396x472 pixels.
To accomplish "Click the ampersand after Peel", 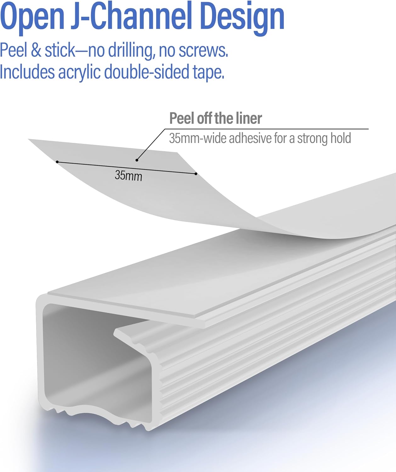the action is tap(36, 50).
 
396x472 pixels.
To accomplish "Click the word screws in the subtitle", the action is tap(203, 51).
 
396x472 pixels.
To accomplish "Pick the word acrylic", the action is tap(79, 73).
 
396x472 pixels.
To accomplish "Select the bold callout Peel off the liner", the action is tap(216, 118).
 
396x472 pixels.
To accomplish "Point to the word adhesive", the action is tap(250, 138).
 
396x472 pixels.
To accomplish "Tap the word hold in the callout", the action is tap(341, 138).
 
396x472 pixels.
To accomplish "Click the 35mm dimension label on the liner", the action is tap(128, 176).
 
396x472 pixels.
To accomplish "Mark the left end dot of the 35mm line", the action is tap(57, 162).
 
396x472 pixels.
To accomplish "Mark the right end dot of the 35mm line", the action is tap(196, 174).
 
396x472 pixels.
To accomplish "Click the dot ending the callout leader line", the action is tap(137, 160).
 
